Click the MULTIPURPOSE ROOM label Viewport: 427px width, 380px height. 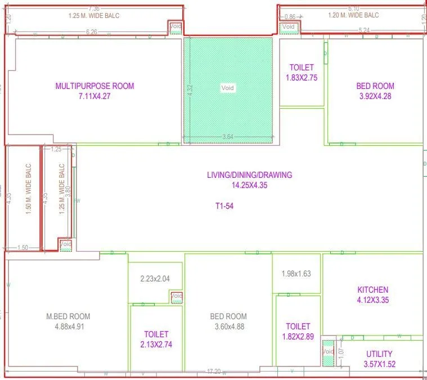pos(95,86)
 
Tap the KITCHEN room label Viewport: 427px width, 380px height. pos(373,290)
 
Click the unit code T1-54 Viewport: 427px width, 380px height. pos(224,207)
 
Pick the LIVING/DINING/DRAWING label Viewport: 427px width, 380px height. pos(249,175)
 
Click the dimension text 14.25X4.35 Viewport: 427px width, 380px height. pos(249,185)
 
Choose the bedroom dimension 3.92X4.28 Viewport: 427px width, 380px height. pos(375,96)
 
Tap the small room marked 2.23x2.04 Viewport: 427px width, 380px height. pos(155,278)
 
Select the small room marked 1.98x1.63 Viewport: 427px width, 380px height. pos(296,274)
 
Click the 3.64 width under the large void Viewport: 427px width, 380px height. pos(228,137)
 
